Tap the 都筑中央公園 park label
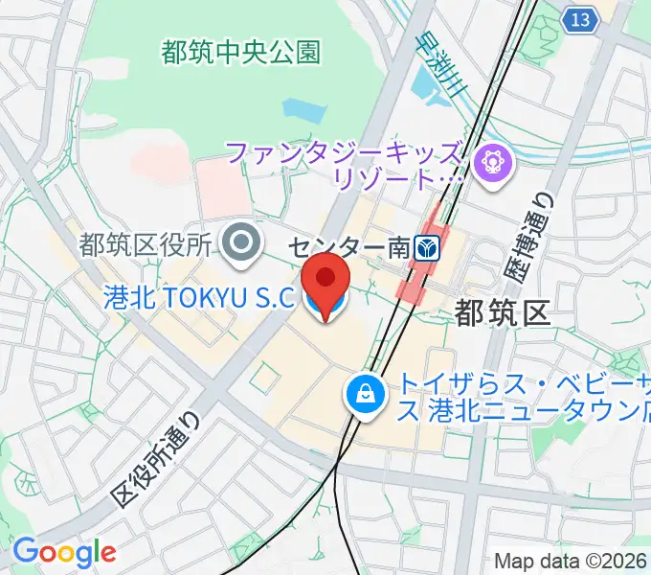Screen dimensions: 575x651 click(240, 52)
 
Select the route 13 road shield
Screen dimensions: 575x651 click(576, 19)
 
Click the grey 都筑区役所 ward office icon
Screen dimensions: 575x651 click(240, 244)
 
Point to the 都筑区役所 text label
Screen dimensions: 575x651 click(145, 245)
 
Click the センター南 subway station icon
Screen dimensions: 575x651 click(427, 249)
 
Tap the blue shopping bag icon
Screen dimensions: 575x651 click(366, 393)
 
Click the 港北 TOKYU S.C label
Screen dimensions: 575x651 click(197, 298)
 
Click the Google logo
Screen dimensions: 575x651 click(64, 552)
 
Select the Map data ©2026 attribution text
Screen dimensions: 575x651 click(572, 562)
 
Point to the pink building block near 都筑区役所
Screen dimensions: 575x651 click(222, 187)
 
